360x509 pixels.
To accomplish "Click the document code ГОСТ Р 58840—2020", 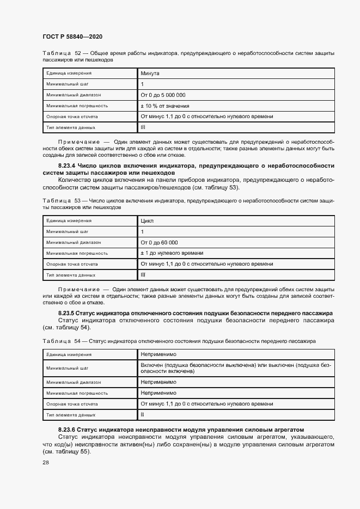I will click(x=72, y=36).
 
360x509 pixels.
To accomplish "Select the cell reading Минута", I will click(x=151, y=72).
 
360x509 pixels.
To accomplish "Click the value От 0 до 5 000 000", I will click(x=163, y=95).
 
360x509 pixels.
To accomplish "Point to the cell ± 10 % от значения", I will click(x=165, y=106).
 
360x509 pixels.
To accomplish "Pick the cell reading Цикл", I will click(x=147, y=221).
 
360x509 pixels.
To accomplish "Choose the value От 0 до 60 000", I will click(x=160, y=242).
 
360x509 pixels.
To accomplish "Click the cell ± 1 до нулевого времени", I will click(x=172, y=253).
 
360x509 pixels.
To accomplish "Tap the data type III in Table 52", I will click(x=143, y=127).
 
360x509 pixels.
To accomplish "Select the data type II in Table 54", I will click(x=142, y=415).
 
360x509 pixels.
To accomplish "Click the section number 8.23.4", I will click(x=67, y=165).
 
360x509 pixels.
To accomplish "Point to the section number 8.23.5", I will click(x=66, y=314).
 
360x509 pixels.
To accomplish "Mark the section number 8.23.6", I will click(x=66, y=430).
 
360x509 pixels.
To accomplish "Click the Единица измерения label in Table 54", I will click(x=69, y=354).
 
